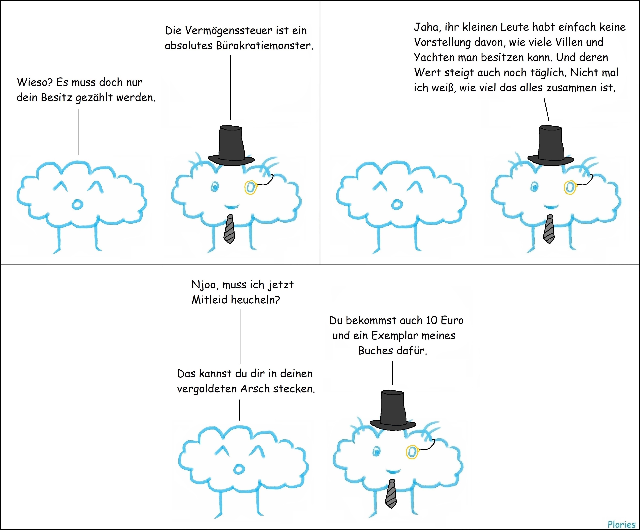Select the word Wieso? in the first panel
click(x=35, y=82)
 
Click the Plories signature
click(x=621, y=524)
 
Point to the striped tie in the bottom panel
click(x=391, y=494)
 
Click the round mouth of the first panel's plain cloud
click(x=77, y=205)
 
